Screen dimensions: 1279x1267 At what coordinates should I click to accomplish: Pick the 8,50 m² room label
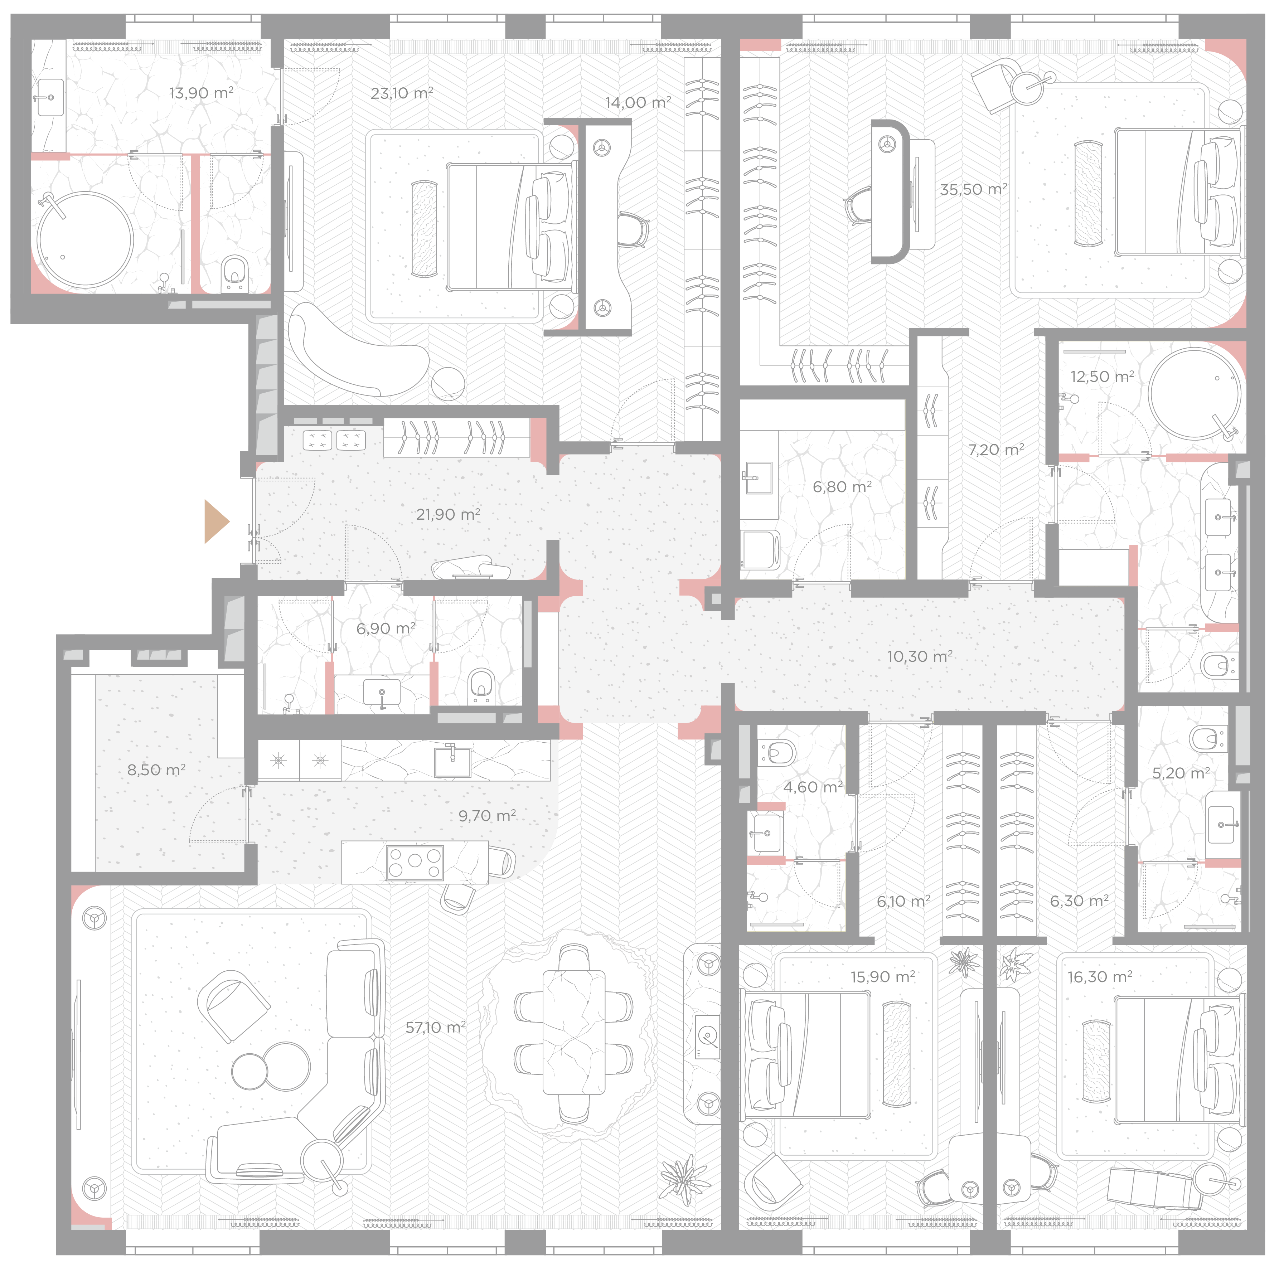click(x=156, y=770)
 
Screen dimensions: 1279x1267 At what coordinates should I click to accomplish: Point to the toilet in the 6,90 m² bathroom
click(x=481, y=685)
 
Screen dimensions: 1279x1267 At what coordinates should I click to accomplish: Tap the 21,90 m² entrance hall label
click(x=448, y=514)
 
